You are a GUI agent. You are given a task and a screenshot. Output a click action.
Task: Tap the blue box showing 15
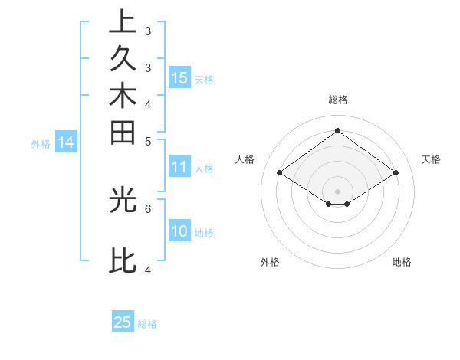179,77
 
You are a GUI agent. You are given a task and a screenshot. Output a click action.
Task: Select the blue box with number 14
66,142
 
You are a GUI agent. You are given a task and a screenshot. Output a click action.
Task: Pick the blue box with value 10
179,231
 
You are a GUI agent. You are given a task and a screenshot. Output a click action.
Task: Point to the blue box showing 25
123,322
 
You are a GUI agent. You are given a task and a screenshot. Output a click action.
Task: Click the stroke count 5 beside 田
148,141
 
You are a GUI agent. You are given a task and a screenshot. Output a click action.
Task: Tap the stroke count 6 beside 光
148,208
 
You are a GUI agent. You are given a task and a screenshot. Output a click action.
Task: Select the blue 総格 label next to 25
147,324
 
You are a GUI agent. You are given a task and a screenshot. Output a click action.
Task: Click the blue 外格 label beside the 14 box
41,143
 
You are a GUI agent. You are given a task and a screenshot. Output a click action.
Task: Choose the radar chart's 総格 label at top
338,100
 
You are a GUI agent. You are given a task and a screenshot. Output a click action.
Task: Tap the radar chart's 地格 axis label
402,262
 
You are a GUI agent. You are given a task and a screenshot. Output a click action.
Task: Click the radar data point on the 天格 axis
396,173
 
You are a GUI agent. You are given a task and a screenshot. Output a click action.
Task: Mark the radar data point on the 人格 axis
280,173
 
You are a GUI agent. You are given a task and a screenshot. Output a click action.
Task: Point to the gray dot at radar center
338,191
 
